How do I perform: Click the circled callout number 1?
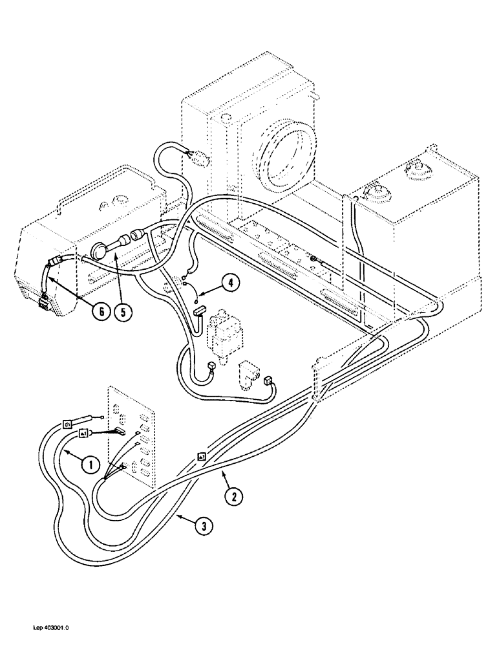pos(90,463)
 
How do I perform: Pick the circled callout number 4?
pos(231,282)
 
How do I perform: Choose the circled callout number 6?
pos(99,311)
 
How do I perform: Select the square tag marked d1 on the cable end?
pos(67,424)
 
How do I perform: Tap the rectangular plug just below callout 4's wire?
pos(197,313)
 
